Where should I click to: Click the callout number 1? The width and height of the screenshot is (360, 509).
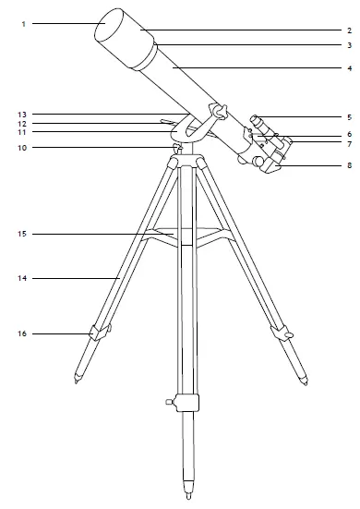[21, 23]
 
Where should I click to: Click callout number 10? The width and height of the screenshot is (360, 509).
[23, 147]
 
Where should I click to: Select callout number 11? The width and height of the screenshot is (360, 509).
[23, 133]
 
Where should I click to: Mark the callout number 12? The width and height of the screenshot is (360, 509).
[23, 124]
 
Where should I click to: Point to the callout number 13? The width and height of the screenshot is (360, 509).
[23, 114]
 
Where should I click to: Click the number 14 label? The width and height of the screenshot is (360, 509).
[23, 277]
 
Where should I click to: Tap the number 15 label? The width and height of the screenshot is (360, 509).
[23, 235]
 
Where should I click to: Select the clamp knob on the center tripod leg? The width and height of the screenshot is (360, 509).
[168, 401]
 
